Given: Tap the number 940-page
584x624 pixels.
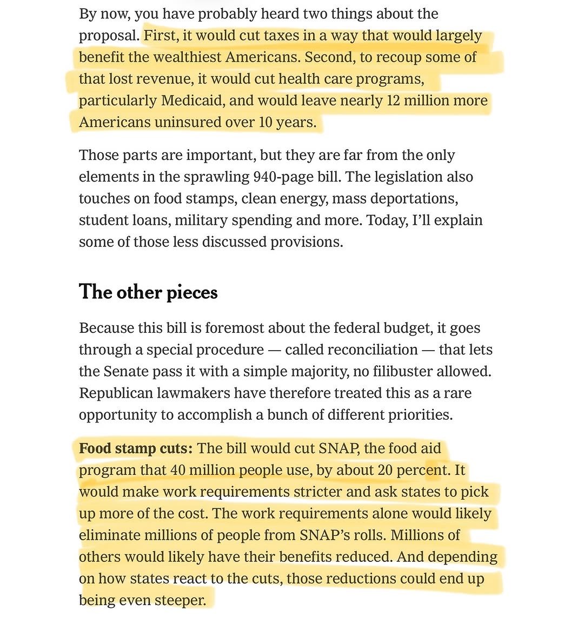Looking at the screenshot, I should (280, 177).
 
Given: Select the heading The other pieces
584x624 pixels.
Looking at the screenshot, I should (148, 292).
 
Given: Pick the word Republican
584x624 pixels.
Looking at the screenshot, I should (116, 393).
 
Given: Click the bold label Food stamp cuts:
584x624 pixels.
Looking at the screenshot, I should (136, 448).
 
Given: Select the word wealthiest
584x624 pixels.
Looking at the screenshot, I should (180, 57).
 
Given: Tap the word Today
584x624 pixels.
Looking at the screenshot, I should (386, 220).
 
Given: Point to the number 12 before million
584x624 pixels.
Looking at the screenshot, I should (393, 101).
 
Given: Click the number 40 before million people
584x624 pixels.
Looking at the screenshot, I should (178, 470).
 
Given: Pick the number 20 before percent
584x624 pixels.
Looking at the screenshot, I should (385, 470).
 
